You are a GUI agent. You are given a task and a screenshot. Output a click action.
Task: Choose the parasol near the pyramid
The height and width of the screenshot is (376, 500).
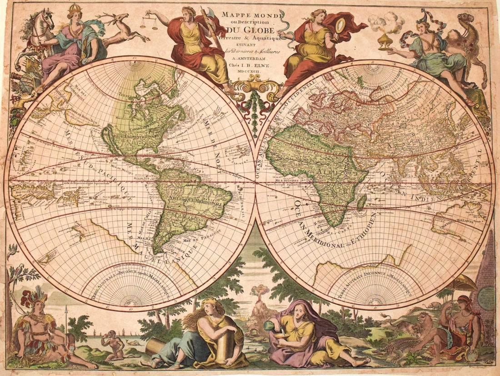point(463,284)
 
